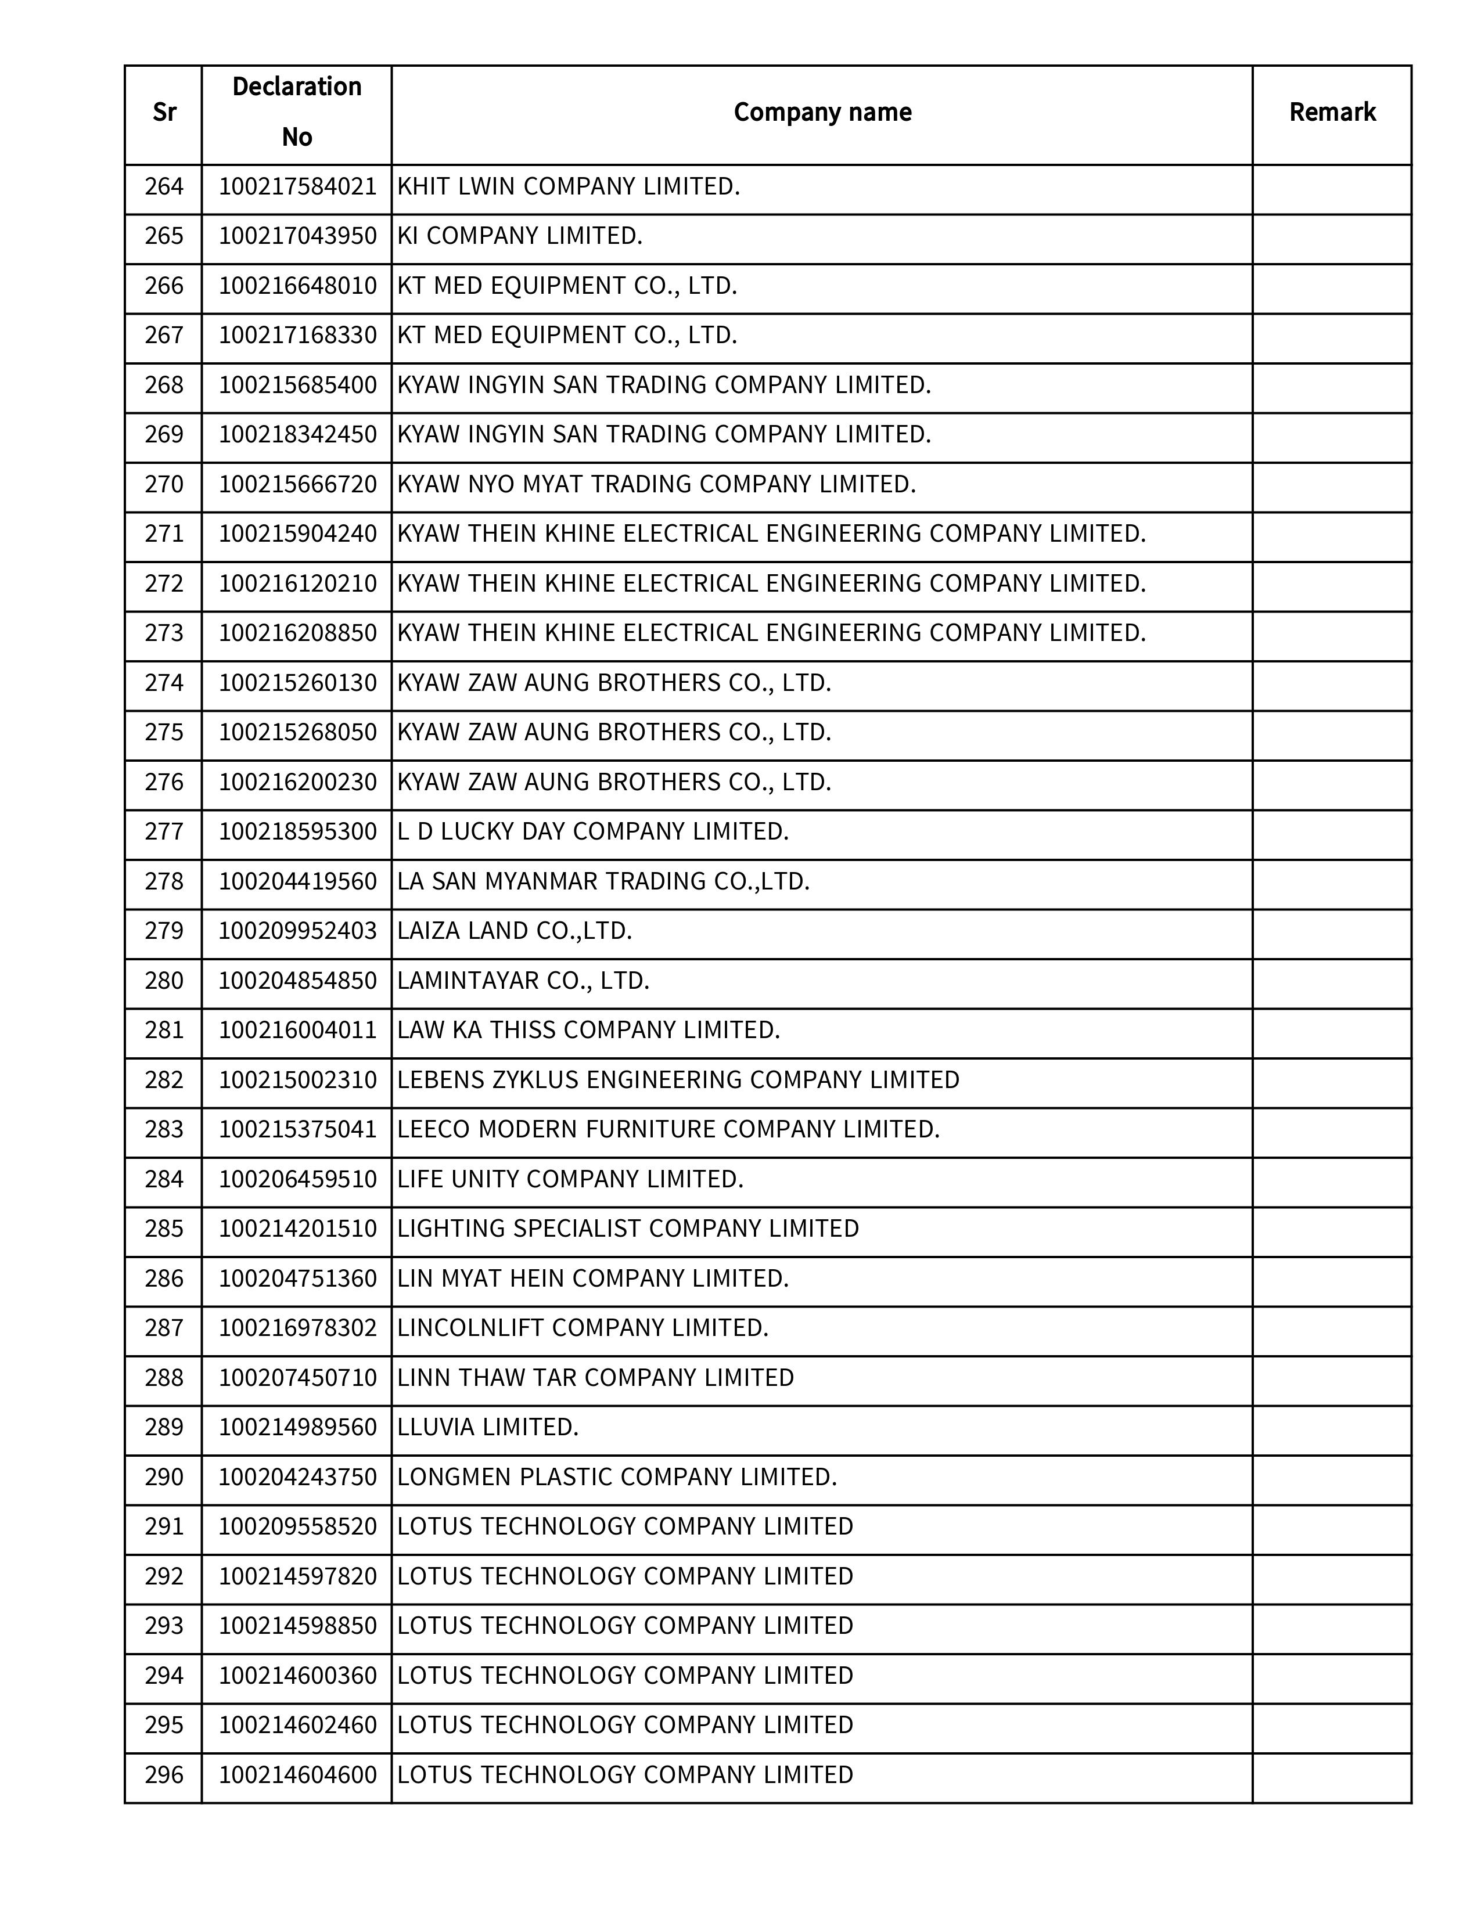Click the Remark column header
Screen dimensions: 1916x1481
tap(1331, 112)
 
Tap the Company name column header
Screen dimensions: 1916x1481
tap(821, 112)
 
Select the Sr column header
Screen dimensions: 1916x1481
tap(164, 112)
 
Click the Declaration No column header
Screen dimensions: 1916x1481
tap(297, 112)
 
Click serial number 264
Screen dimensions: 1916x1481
tap(164, 187)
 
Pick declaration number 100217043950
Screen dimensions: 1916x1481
tap(297, 236)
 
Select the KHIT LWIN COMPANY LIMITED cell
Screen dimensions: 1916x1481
tap(569, 187)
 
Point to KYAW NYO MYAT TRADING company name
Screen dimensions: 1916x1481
tap(656, 484)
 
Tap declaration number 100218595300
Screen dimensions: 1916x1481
tap(297, 831)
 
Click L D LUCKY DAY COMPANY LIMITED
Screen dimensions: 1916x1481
tap(593, 831)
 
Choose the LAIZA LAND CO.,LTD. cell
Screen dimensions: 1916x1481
tap(515, 931)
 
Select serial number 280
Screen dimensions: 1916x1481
tap(164, 981)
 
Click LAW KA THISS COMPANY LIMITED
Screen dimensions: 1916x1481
tap(589, 1030)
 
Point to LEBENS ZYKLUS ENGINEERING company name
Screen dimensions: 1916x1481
tap(678, 1080)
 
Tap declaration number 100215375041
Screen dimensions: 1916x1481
tap(297, 1129)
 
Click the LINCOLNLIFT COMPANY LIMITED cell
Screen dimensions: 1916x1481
tap(583, 1328)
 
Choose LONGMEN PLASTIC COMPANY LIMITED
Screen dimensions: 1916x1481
tap(617, 1478)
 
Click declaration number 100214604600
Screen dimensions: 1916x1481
tap(297, 1775)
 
